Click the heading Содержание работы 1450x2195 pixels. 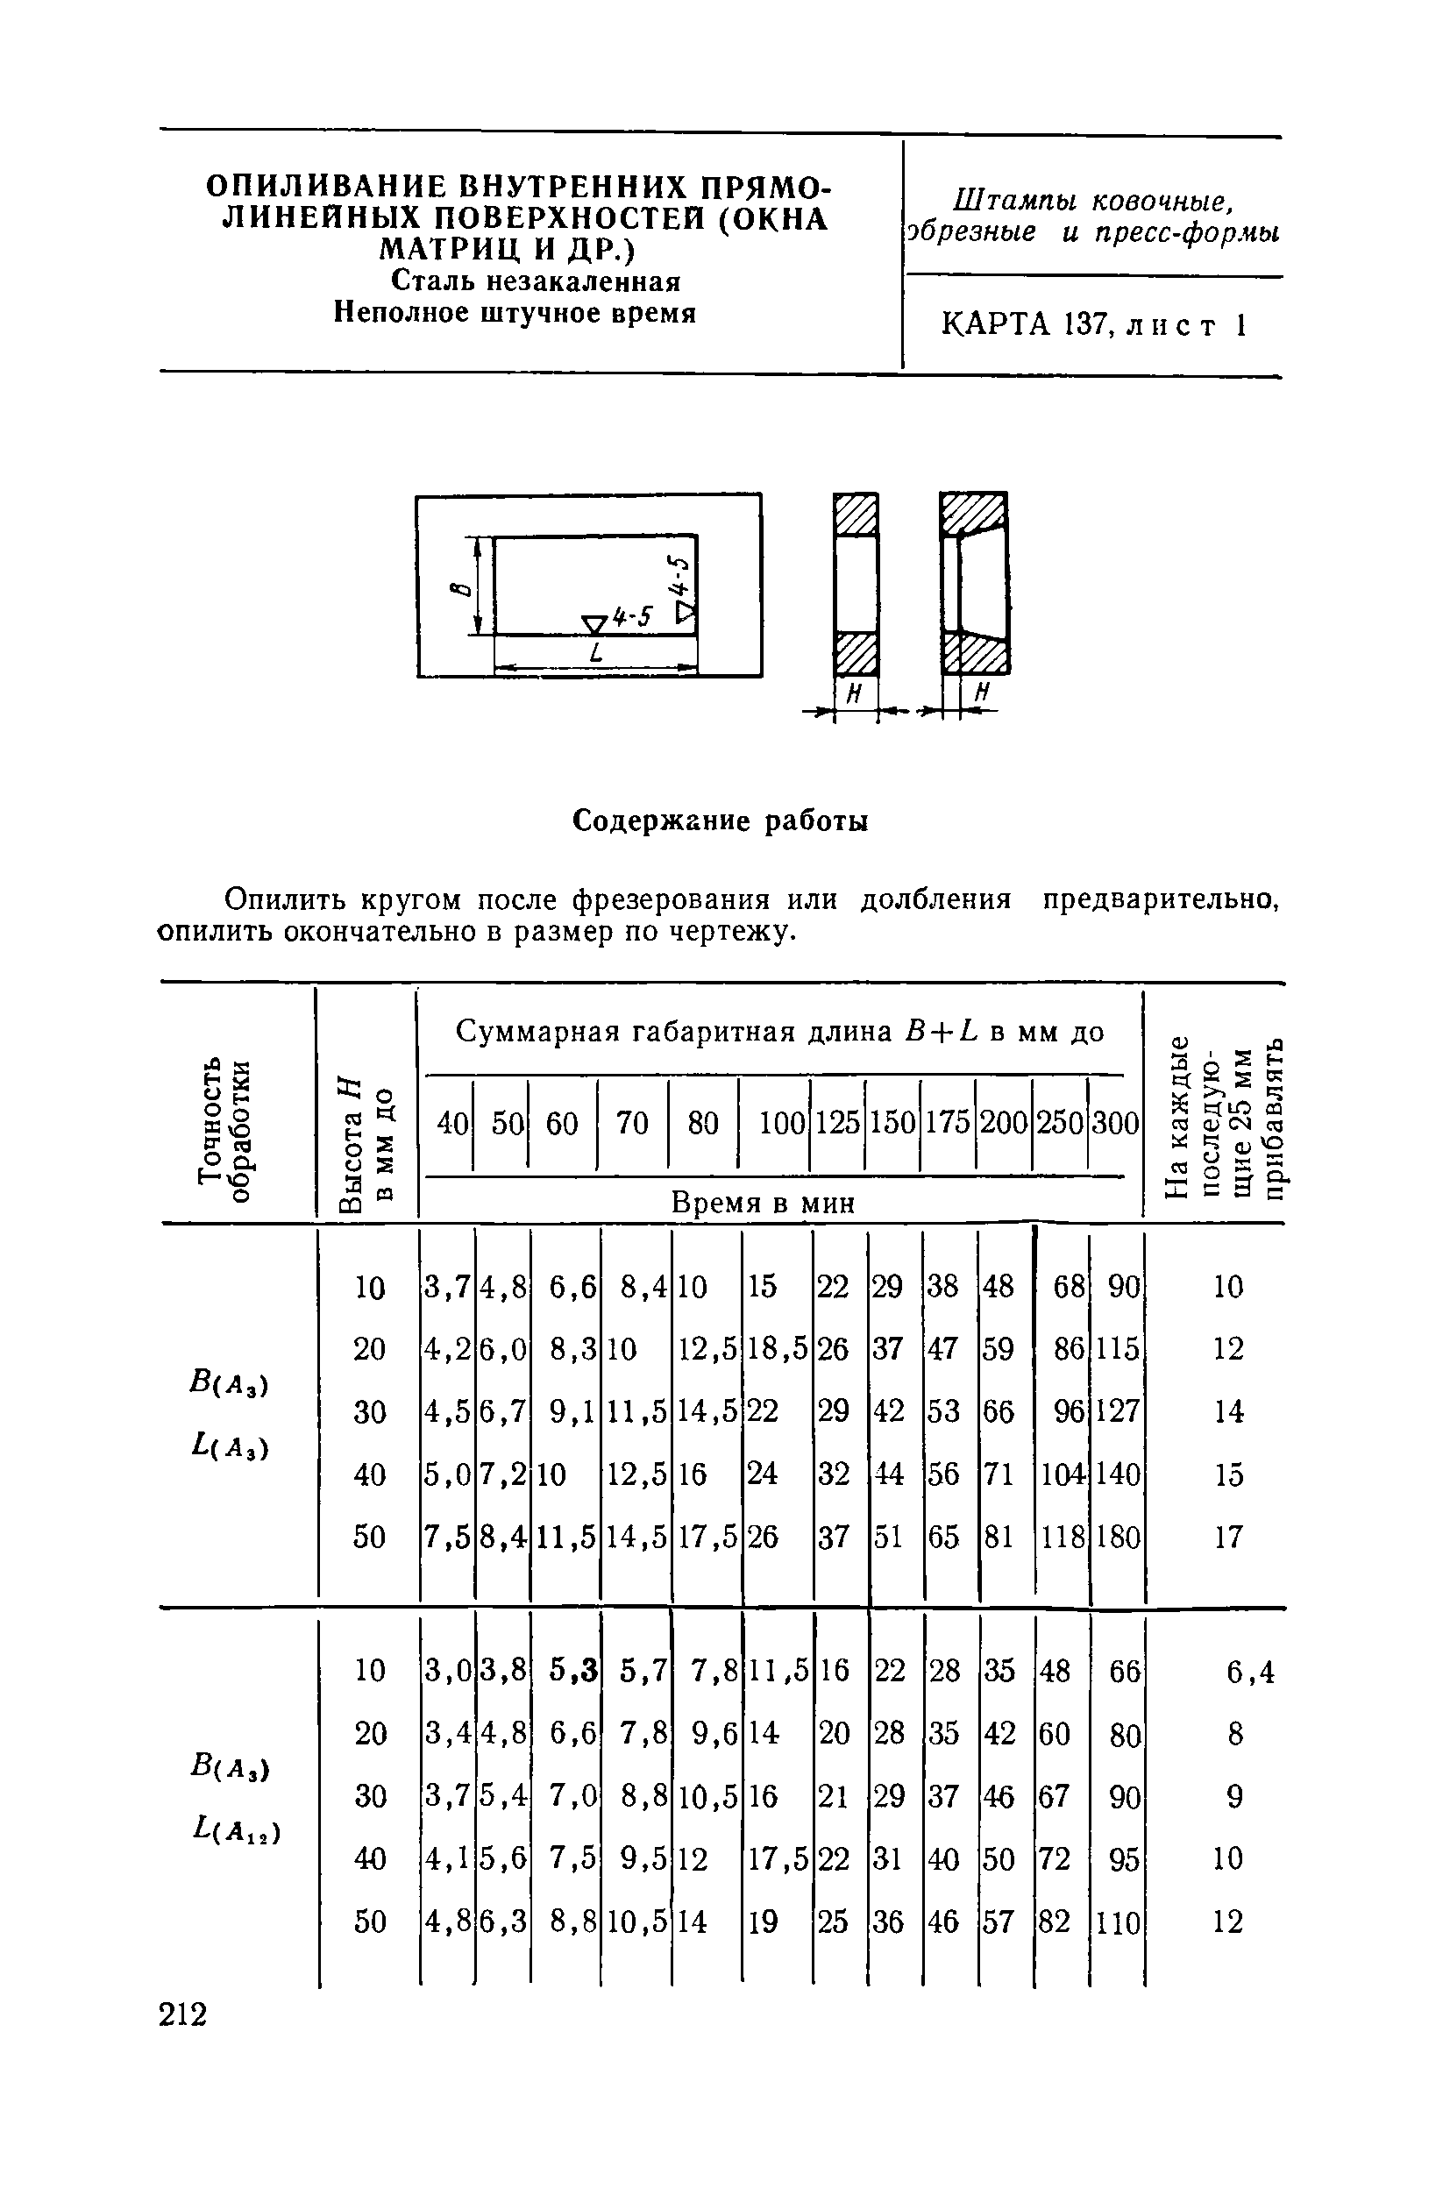click(x=721, y=821)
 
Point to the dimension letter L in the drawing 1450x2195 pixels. click(x=595, y=653)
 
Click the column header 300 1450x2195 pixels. click(x=1115, y=1124)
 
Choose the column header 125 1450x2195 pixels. click(x=837, y=1124)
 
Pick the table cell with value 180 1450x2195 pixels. click(x=1118, y=1538)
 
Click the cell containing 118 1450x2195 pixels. click(x=1062, y=1538)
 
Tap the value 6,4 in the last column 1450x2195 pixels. click(x=1250, y=1672)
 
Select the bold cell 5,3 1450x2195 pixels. click(x=572, y=1670)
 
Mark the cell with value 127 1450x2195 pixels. click(x=1118, y=1412)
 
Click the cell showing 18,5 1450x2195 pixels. click(x=777, y=1349)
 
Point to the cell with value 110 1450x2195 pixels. click(x=1118, y=1923)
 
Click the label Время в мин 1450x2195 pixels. click(x=763, y=1203)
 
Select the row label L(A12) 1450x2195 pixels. click(x=235, y=1829)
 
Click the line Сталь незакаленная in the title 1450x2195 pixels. click(x=536, y=281)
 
